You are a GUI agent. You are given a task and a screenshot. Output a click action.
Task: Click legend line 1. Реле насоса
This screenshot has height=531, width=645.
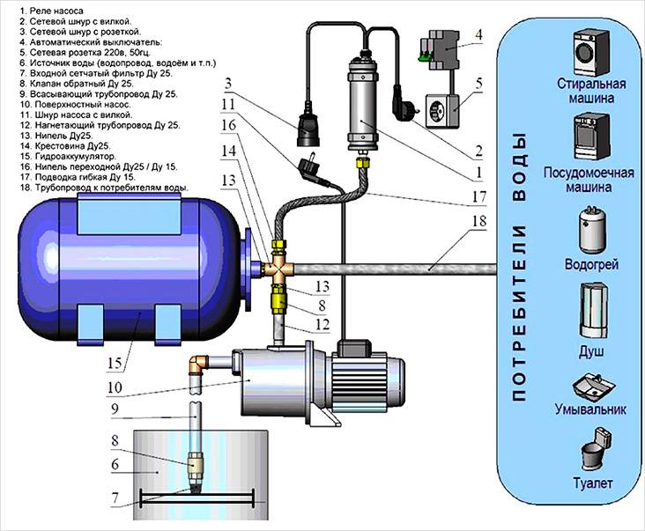pyautogui.click(x=43, y=8)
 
